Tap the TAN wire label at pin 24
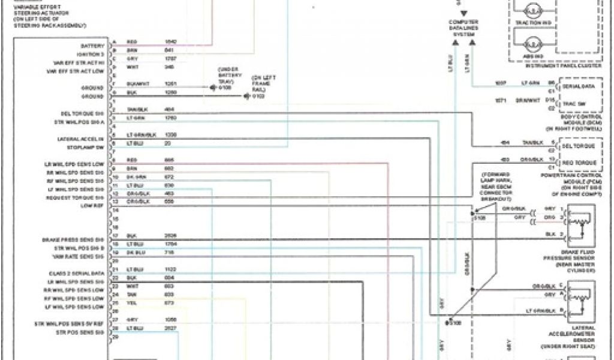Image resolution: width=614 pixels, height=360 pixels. pos(131,295)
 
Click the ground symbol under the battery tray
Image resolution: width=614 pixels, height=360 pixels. pos(212,87)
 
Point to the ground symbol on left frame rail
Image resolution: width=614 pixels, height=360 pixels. pos(246,95)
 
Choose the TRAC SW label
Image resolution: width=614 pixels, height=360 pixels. pos(573,103)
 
